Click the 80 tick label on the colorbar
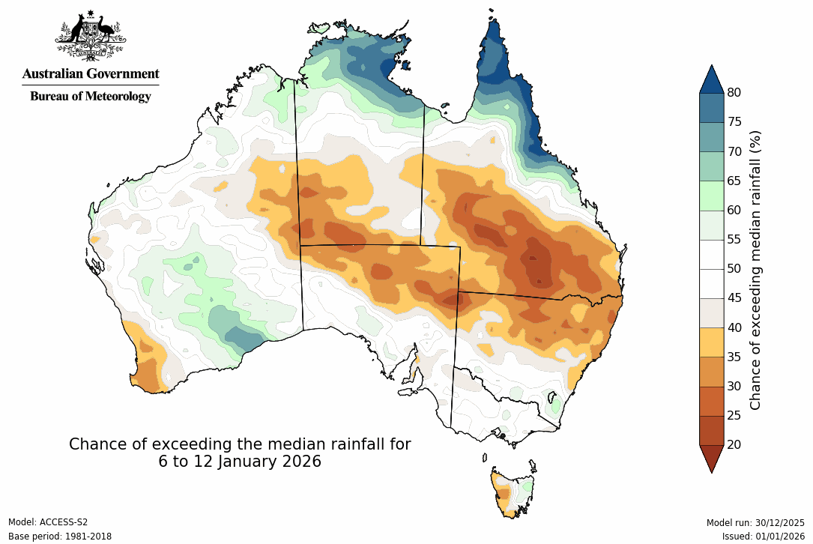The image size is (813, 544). tap(734, 92)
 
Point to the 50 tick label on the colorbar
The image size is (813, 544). tap(734, 268)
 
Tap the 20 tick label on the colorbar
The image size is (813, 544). tap(734, 444)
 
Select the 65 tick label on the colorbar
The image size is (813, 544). tap(734, 181)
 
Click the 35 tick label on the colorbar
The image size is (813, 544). tap(734, 357)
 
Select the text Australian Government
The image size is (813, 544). tap(91, 73)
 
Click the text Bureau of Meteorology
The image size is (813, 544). tap(91, 96)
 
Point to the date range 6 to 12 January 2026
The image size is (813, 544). tap(240, 462)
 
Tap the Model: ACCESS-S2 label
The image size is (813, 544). tap(48, 522)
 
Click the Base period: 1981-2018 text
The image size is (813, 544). tap(59, 537)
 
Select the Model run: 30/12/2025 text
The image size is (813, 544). tap(755, 522)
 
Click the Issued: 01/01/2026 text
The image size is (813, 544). tap(764, 537)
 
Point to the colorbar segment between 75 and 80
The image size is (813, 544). tap(711, 107)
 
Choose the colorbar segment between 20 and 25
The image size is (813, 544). tap(711, 430)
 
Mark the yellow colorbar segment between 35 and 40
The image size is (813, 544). tap(711, 342)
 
